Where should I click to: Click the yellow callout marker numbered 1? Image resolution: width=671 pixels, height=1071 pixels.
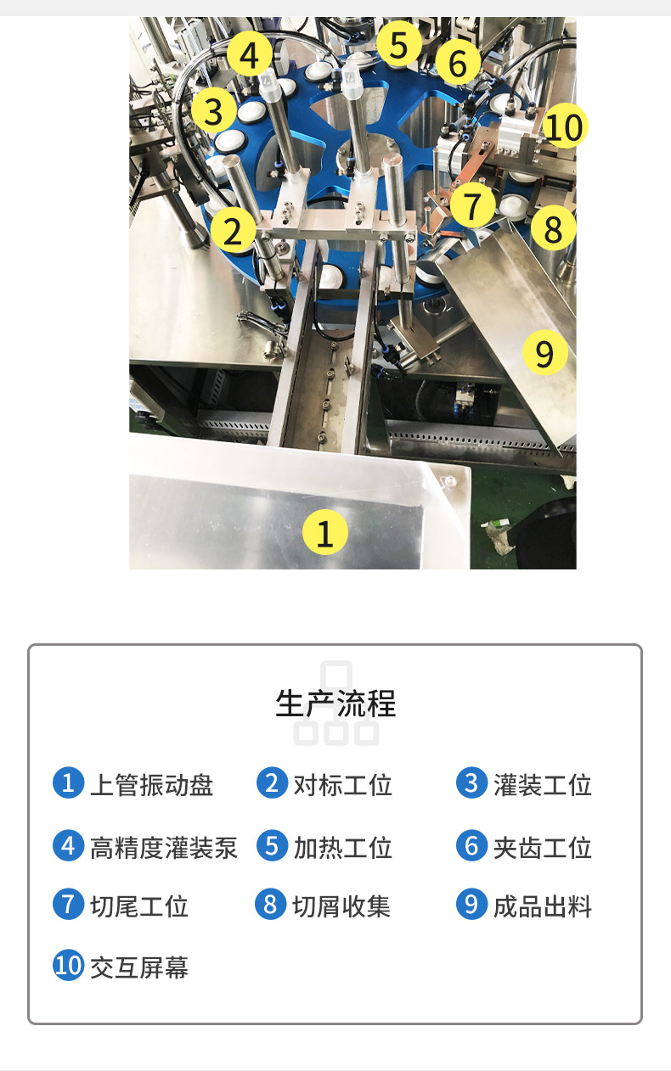click(325, 532)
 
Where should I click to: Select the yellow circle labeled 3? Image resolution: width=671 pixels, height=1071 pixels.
click(213, 111)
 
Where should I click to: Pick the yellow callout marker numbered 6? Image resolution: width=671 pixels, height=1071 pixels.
click(458, 63)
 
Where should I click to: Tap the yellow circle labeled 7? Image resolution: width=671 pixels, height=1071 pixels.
click(473, 205)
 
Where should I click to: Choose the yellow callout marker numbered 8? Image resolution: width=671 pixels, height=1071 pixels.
click(553, 228)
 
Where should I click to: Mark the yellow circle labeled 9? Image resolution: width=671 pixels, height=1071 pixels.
click(544, 351)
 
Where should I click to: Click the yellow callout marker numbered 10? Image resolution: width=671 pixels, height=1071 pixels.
click(564, 126)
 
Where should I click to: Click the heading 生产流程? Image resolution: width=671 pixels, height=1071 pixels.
click(335, 704)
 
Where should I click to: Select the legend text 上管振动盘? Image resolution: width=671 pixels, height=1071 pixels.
click(151, 784)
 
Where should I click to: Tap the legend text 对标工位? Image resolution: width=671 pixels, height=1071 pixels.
click(342, 784)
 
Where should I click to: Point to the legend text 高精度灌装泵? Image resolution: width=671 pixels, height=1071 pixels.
click(163, 847)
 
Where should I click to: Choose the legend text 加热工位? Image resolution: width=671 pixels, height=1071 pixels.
click(342, 847)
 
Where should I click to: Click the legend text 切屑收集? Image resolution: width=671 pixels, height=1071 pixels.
click(341, 906)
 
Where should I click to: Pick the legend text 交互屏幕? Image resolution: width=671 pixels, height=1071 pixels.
click(139, 967)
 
